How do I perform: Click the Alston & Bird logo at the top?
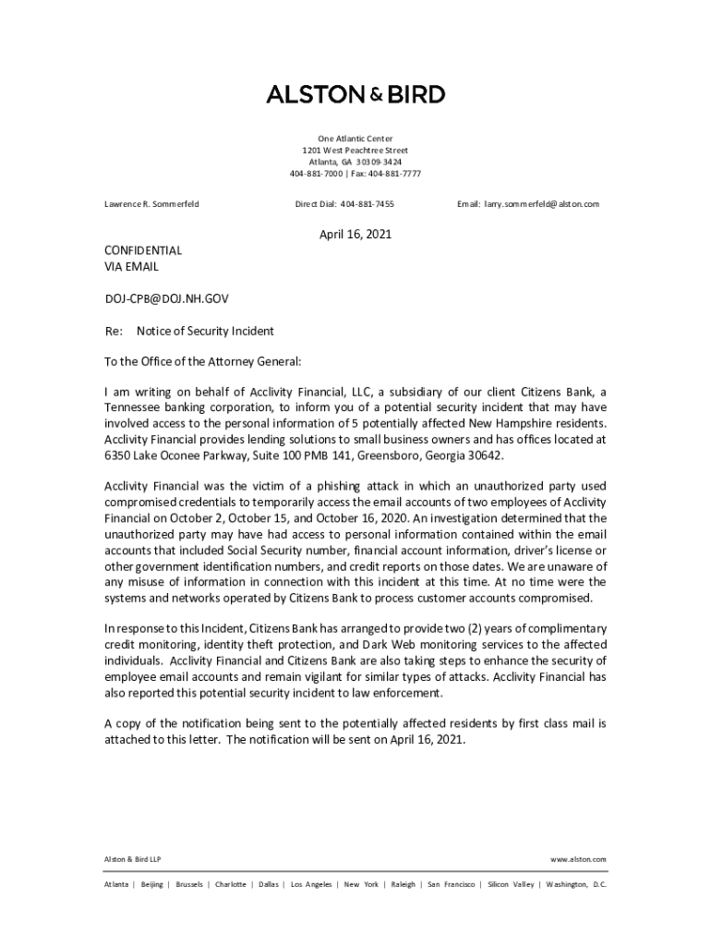pos(355,94)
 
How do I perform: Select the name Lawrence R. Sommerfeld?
pos(151,203)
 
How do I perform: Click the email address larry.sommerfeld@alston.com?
pos(542,203)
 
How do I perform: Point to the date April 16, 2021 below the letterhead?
pos(355,235)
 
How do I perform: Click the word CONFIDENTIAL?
pos(142,250)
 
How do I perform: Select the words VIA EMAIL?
pos(130,267)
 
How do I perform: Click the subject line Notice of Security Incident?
pos(205,331)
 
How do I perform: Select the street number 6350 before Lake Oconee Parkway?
pos(119,456)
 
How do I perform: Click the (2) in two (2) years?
pos(469,628)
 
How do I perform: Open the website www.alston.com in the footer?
pos(578,859)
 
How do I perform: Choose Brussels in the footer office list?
pos(189,884)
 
